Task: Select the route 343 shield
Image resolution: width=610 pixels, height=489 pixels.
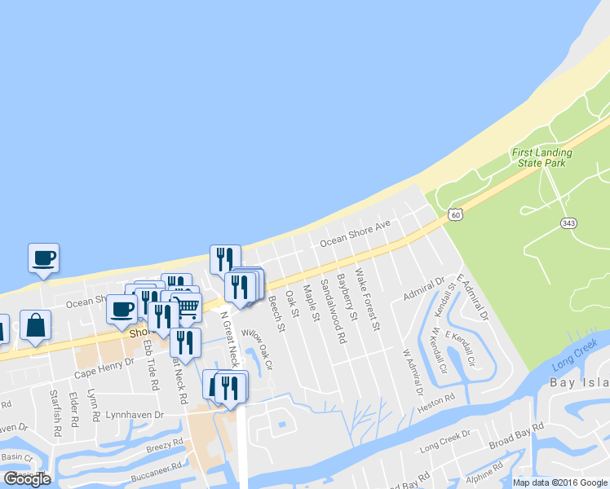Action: tap(569, 222)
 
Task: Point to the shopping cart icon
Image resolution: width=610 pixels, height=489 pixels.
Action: tap(188, 307)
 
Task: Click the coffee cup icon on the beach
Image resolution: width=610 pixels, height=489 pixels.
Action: tap(43, 258)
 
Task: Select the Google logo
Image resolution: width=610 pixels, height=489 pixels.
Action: tap(27, 479)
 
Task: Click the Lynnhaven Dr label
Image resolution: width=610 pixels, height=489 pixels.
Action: tap(135, 415)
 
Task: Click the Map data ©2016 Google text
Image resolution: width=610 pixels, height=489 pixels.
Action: tap(559, 482)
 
